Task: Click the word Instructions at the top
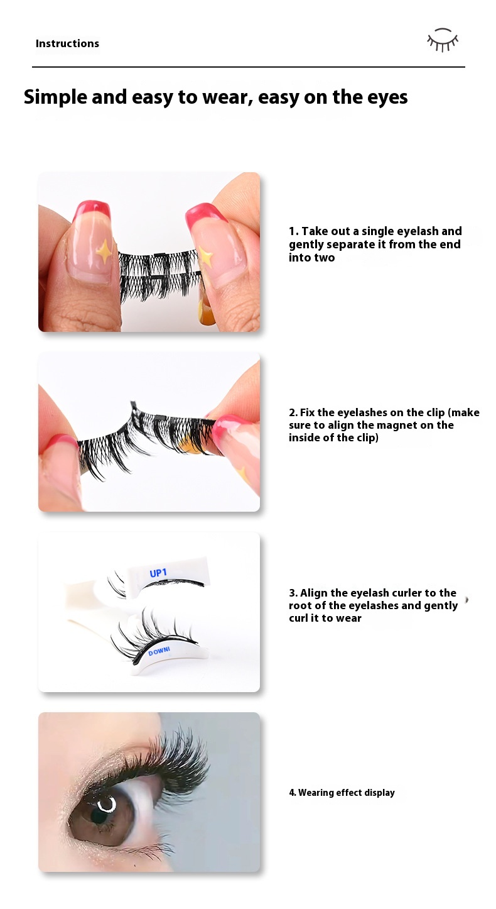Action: [67, 43]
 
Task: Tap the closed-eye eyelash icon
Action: [443, 40]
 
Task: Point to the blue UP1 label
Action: [158, 573]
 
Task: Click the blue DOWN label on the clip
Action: [159, 651]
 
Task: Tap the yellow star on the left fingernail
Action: [104, 251]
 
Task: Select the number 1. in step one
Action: [294, 231]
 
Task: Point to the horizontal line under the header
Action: [249, 67]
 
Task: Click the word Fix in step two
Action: [308, 412]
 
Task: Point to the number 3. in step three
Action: [293, 593]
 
